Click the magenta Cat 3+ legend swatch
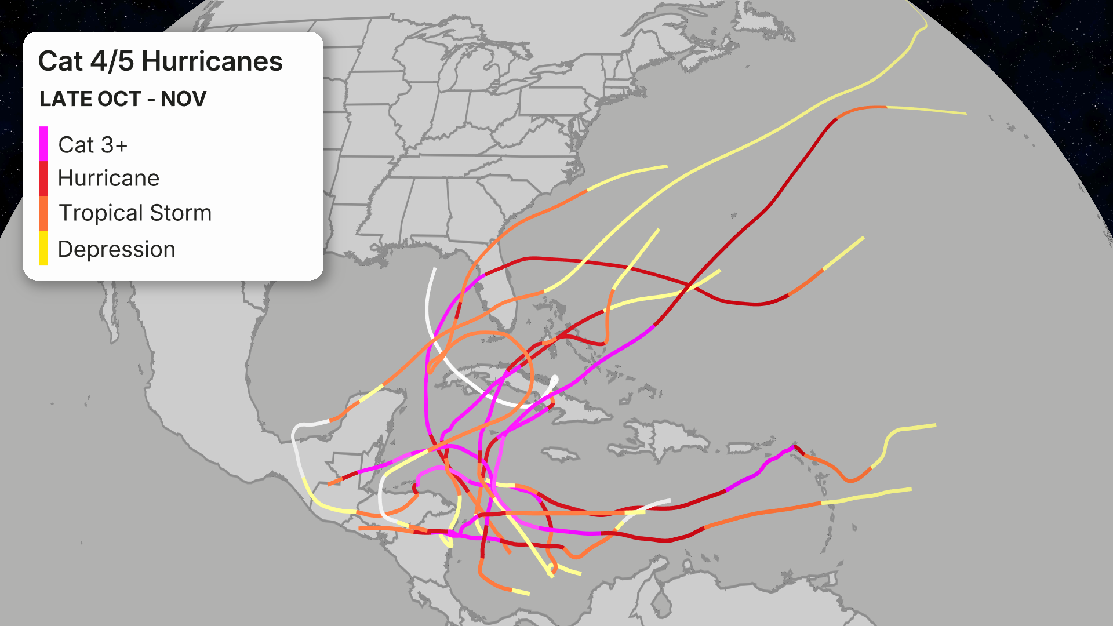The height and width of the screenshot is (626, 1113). (x=43, y=144)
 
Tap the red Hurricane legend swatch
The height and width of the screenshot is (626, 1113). (x=43, y=179)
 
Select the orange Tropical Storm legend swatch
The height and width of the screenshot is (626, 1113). (x=43, y=213)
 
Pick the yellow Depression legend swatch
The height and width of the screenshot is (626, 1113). (x=43, y=248)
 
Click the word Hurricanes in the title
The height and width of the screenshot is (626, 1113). (x=212, y=61)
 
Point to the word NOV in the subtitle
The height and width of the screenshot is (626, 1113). (x=183, y=99)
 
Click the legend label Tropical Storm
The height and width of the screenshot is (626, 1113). (x=135, y=213)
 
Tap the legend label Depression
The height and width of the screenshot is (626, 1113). (x=117, y=249)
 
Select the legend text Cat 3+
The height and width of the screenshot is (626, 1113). (x=93, y=145)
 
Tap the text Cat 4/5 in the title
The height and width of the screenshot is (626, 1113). (x=85, y=61)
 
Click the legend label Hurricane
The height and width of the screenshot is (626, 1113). (x=108, y=179)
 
